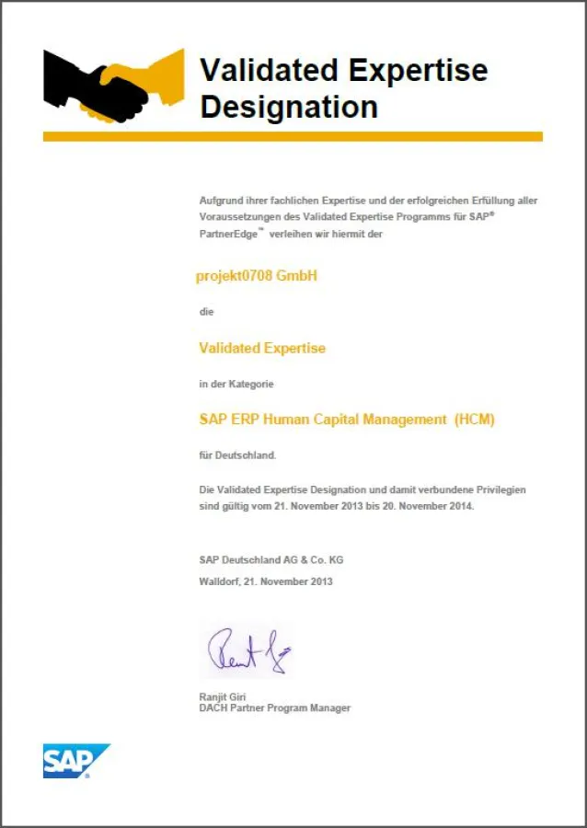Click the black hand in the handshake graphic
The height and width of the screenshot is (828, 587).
click(x=92, y=85)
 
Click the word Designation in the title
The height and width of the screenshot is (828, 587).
click(x=289, y=107)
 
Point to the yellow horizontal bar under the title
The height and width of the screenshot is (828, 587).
click(x=293, y=136)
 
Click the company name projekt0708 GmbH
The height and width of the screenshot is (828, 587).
click(x=257, y=275)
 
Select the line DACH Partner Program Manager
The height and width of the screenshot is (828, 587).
click(x=274, y=707)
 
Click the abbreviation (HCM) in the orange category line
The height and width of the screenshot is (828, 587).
click(x=475, y=420)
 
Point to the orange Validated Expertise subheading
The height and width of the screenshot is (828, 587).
click(x=262, y=349)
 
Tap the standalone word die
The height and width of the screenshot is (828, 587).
click(x=206, y=312)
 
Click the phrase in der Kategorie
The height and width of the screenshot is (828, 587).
click(x=236, y=384)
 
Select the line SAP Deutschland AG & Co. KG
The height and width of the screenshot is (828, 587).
click(x=270, y=559)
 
